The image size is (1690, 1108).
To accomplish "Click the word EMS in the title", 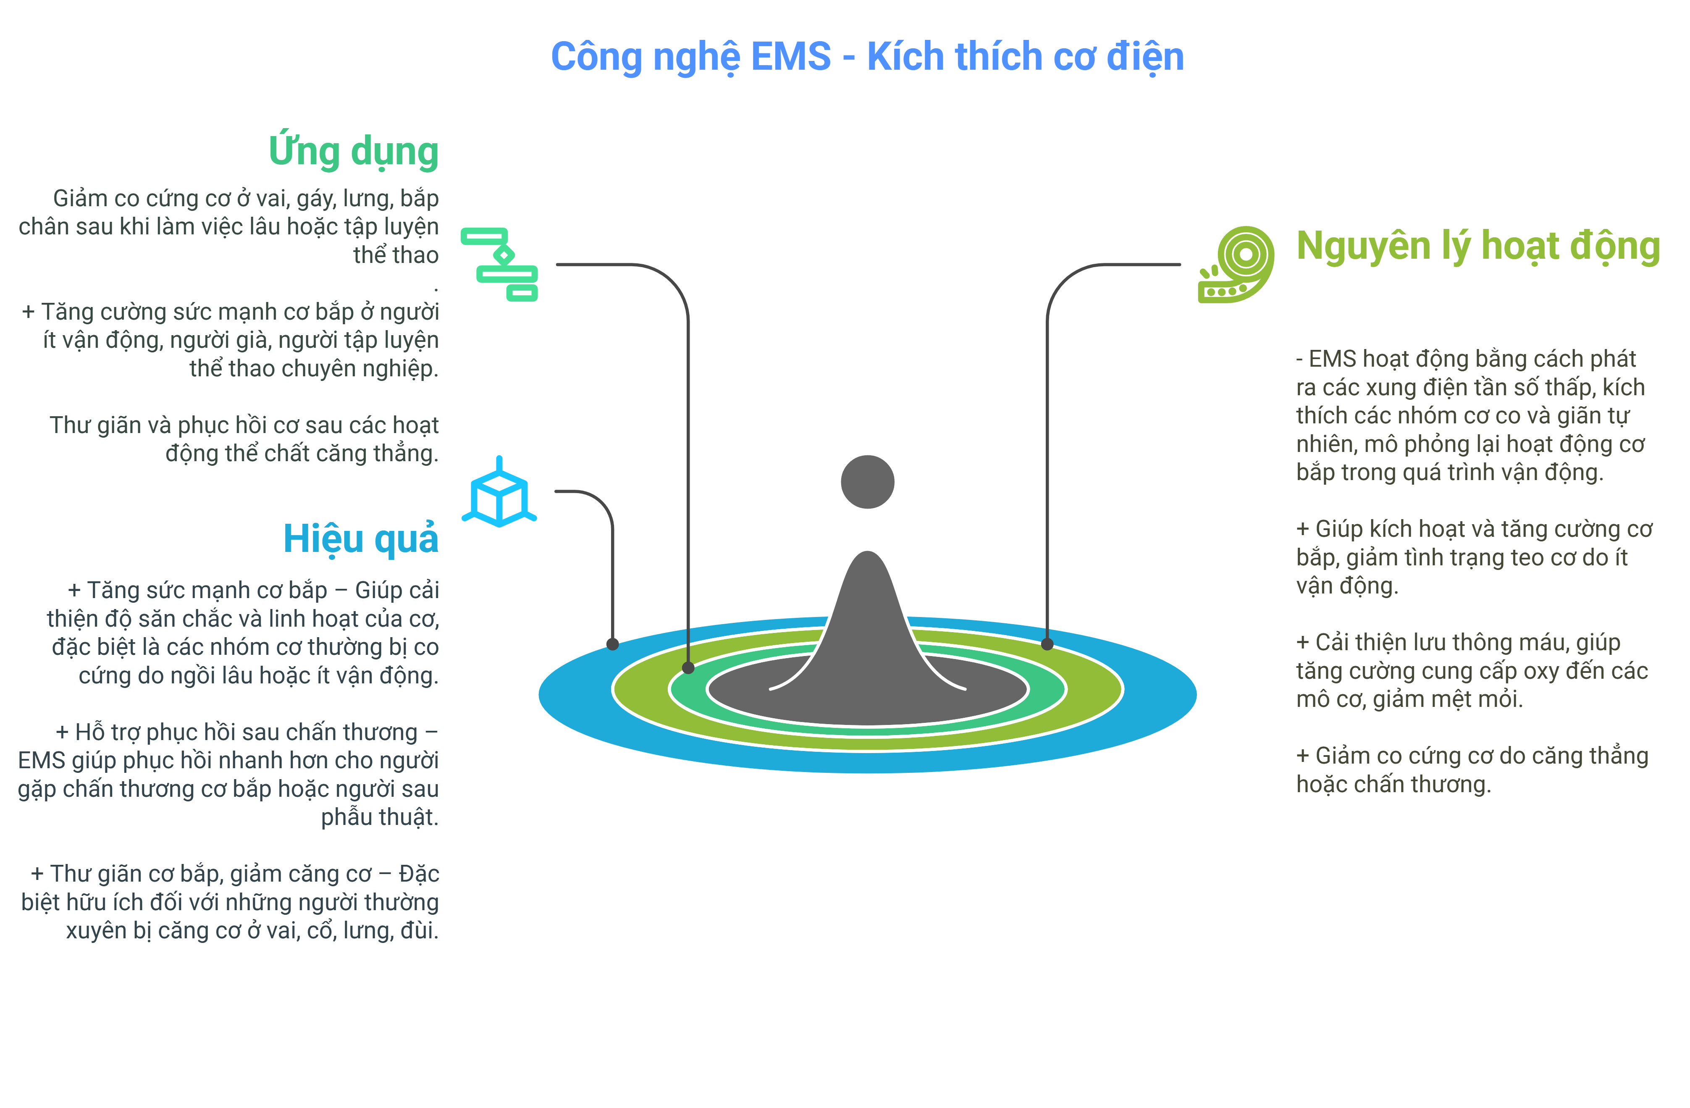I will (x=790, y=57).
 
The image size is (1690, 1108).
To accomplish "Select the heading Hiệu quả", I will (x=361, y=538).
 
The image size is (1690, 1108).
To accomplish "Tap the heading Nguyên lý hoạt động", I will (x=1477, y=247).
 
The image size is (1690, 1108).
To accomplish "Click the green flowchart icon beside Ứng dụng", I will (x=500, y=264).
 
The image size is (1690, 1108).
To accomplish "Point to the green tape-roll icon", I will (x=1236, y=264).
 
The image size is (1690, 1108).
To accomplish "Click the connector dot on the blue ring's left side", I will (x=613, y=645).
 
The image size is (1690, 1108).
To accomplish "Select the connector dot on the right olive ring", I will (x=1047, y=645).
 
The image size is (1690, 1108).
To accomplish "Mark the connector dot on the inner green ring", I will (x=688, y=668).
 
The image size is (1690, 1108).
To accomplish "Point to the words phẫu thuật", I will (x=379, y=817).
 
